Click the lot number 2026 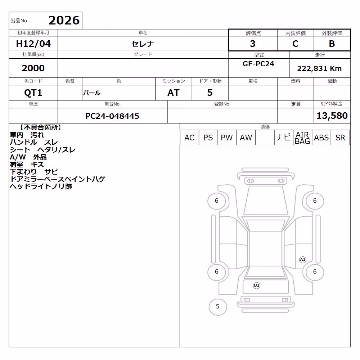click(64, 21)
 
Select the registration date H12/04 click(33, 44)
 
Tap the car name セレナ click(143, 44)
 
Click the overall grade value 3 click(253, 44)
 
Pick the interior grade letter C click(295, 44)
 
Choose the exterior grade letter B click(332, 44)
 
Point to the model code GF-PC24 click(258, 64)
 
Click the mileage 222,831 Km click(319, 68)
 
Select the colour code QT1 click(33, 93)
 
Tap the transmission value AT click(174, 93)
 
